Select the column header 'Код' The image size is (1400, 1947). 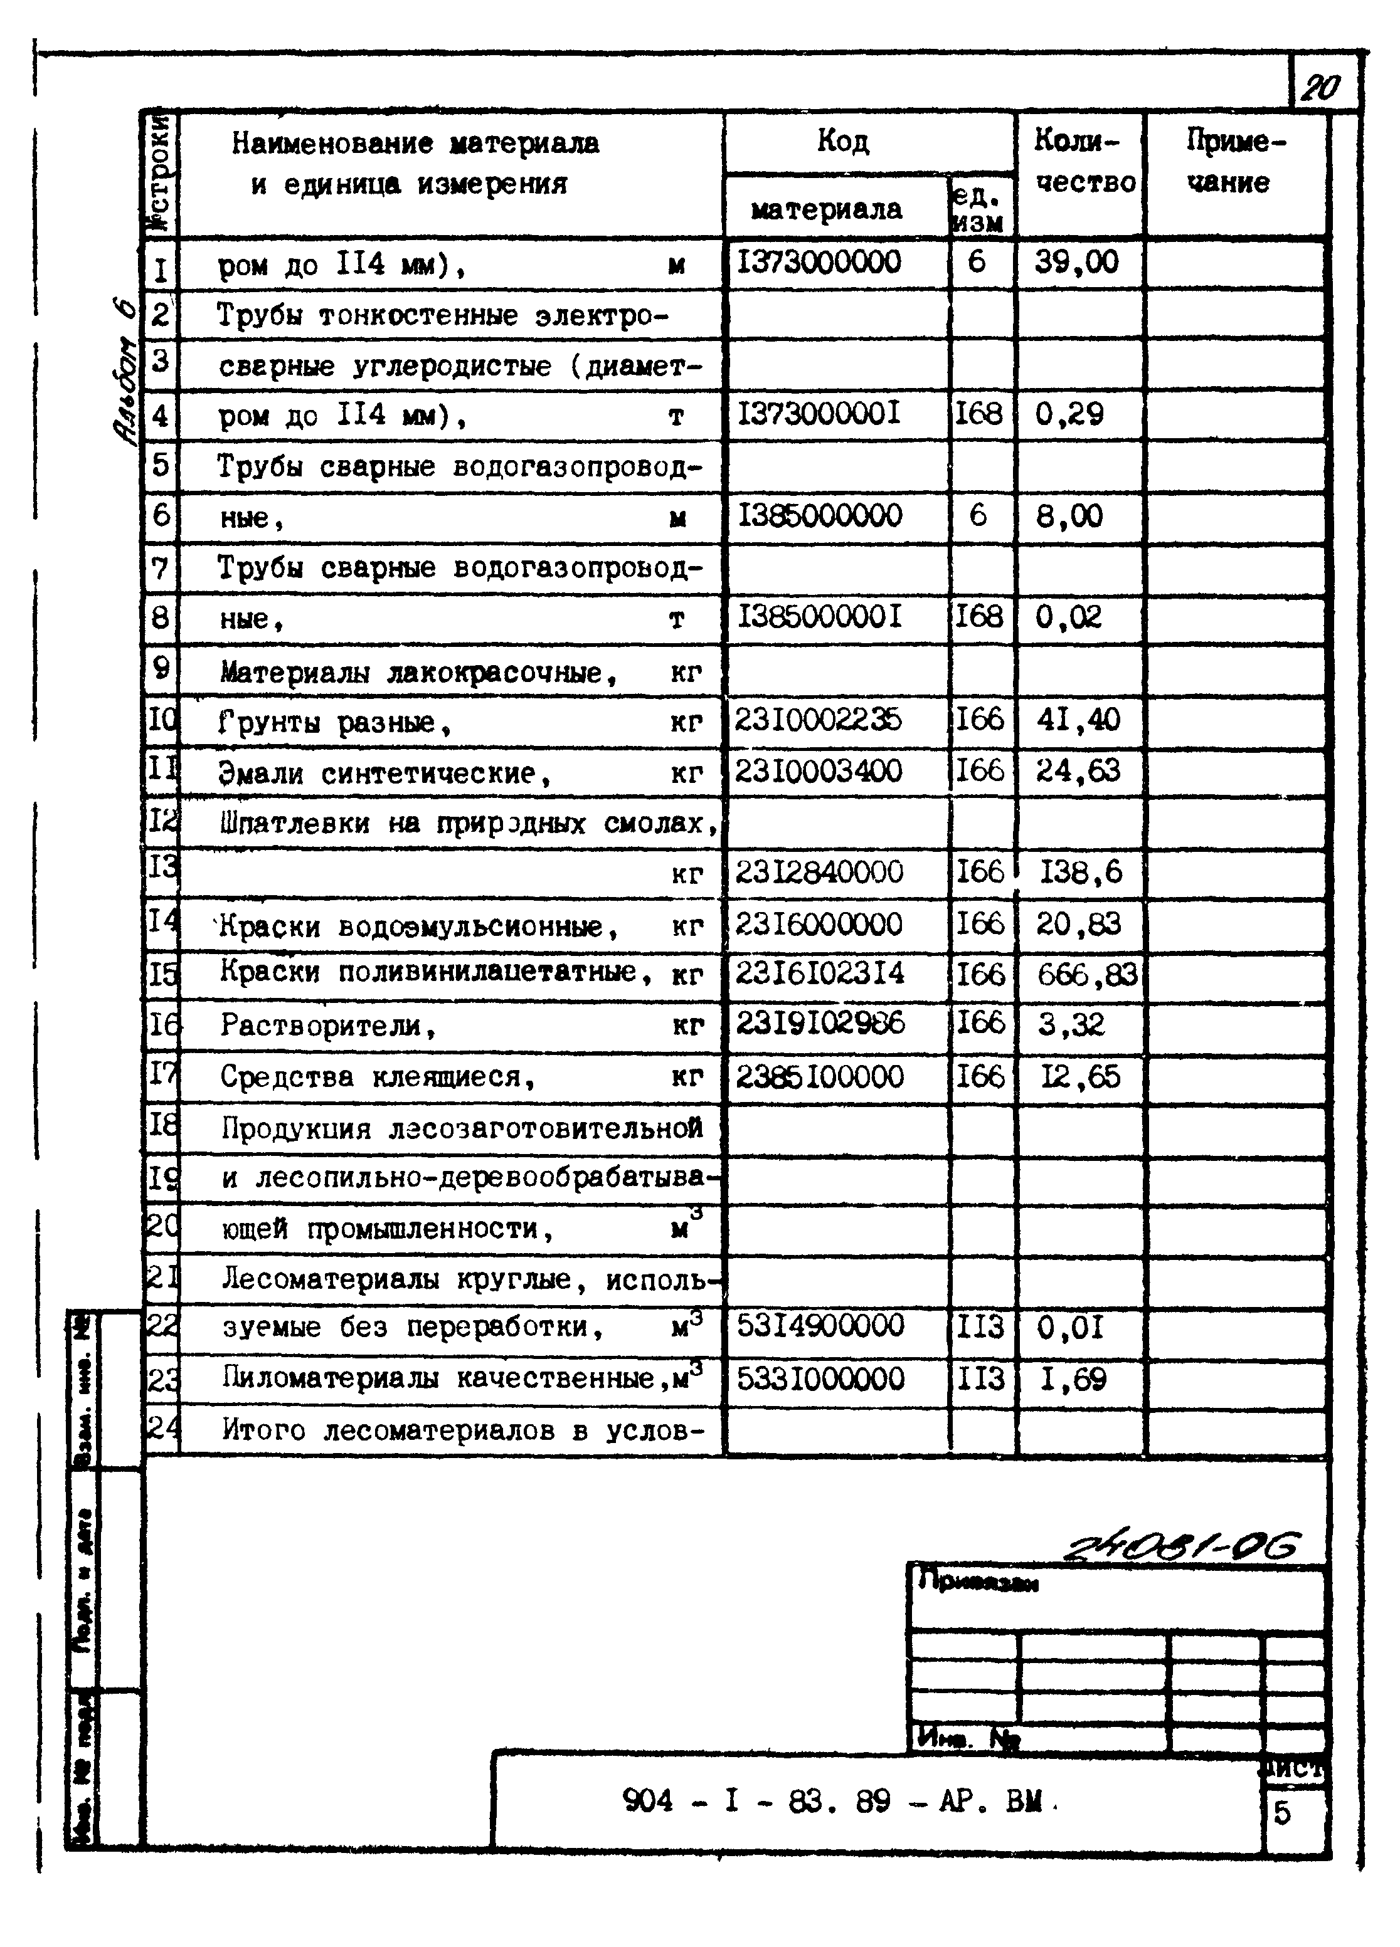point(842,141)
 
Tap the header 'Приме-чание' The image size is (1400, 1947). point(1234,161)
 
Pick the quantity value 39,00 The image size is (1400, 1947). point(1076,262)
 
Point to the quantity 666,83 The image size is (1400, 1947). point(1086,974)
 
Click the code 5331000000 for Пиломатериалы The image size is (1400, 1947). point(820,1378)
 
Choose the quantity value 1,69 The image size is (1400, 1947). point(1072,1378)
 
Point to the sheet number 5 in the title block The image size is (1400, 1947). point(1281,1812)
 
